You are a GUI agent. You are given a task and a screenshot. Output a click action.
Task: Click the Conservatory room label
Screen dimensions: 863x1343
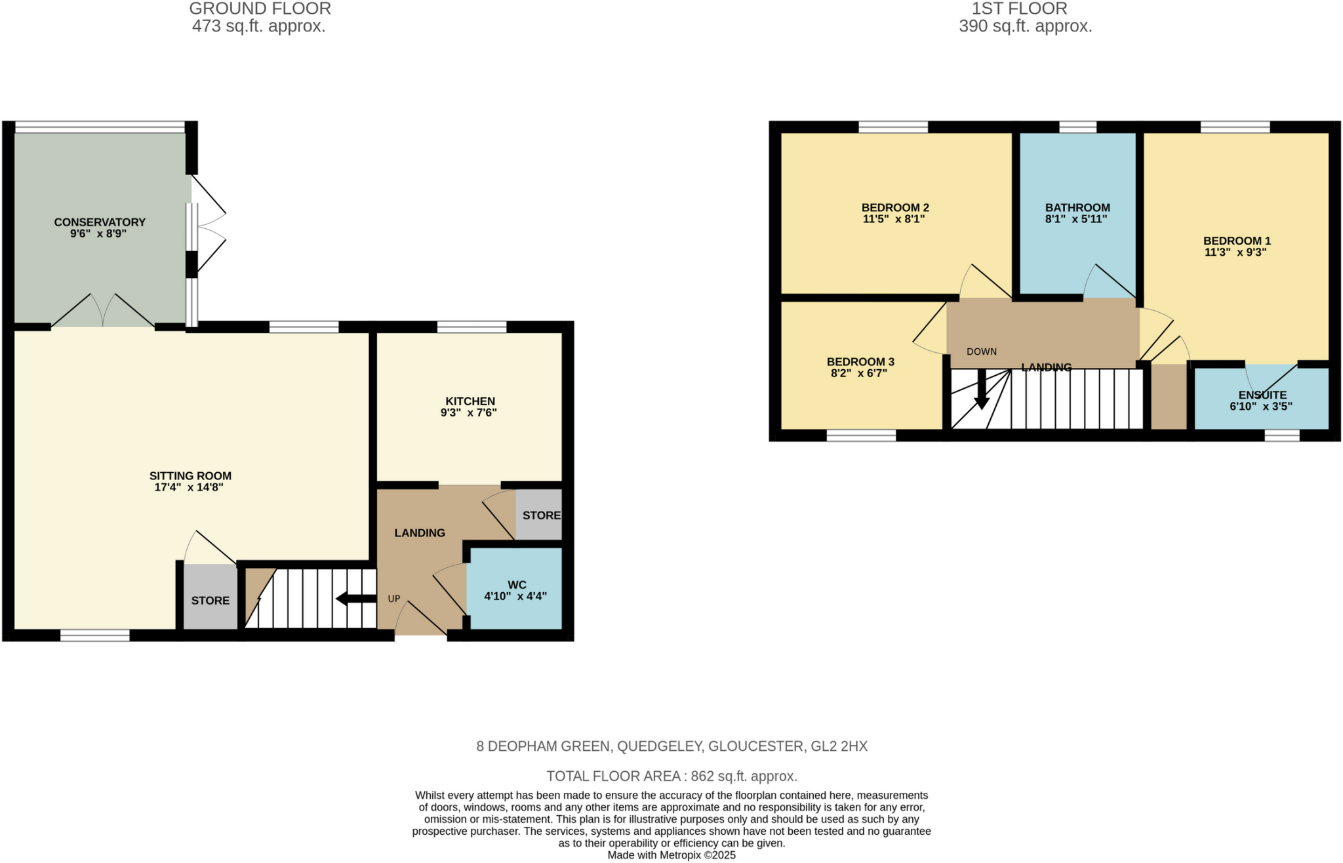[x=100, y=222]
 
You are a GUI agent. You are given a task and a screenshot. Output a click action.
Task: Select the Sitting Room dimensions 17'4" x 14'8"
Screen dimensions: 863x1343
[x=190, y=487]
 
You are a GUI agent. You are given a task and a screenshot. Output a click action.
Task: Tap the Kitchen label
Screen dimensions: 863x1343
[x=470, y=401]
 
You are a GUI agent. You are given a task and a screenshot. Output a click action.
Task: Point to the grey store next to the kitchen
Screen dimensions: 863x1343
[x=540, y=515]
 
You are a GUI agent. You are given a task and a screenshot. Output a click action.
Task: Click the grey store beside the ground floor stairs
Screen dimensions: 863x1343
[x=210, y=600]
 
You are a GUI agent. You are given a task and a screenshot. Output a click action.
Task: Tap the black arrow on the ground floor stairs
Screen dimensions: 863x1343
[x=355, y=598]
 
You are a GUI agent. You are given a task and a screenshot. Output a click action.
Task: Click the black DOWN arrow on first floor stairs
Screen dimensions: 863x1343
[x=981, y=391]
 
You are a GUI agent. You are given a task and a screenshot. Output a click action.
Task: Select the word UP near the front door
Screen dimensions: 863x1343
[x=393, y=599]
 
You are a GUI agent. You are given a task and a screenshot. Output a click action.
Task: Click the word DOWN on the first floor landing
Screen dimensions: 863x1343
[x=981, y=351]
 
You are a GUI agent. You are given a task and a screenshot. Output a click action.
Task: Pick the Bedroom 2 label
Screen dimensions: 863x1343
[x=894, y=208]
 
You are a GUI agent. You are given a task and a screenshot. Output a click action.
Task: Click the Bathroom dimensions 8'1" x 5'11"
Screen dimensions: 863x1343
[x=1076, y=219]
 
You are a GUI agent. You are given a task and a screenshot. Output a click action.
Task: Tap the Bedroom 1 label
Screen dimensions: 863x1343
[x=1236, y=241]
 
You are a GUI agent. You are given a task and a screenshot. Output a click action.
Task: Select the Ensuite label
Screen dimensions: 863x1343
[x=1262, y=395]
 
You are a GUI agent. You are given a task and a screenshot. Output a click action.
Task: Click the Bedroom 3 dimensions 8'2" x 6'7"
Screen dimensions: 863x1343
[x=859, y=373]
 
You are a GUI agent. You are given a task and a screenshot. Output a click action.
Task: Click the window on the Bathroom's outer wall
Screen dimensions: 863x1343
[x=1077, y=127]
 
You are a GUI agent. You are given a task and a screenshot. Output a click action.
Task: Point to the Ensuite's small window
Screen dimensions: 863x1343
[x=1281, y=435]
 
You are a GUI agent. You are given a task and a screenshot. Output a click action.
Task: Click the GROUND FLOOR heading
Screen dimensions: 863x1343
[x=260, y=9]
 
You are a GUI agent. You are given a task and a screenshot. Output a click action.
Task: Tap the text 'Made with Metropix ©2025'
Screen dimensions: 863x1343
[x=671, y=855]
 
